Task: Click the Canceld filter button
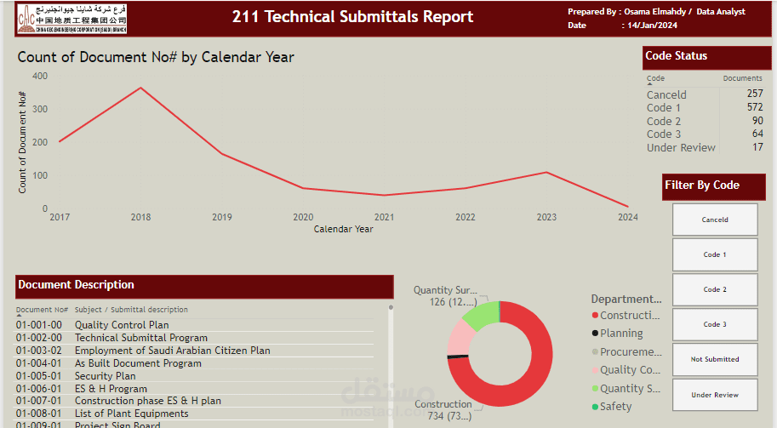click(715, 220)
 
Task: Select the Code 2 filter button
click(715, 289)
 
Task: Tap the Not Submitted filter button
click(715, 359)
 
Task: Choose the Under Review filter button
click(715, 395)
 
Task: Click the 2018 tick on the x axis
click(140, 218)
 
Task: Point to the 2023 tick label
click(546, 218)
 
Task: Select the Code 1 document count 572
click(755, 108)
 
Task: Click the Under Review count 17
click(757, 148)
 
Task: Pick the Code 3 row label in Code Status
click(664, 134)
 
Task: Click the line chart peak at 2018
click(140, 88)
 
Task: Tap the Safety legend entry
click(615, 407)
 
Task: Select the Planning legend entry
click(621, 334)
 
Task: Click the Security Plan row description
click(105, 376)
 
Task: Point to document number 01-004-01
click(39, 363)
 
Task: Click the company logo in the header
click(71, 18)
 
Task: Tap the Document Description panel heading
click(77, 285)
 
